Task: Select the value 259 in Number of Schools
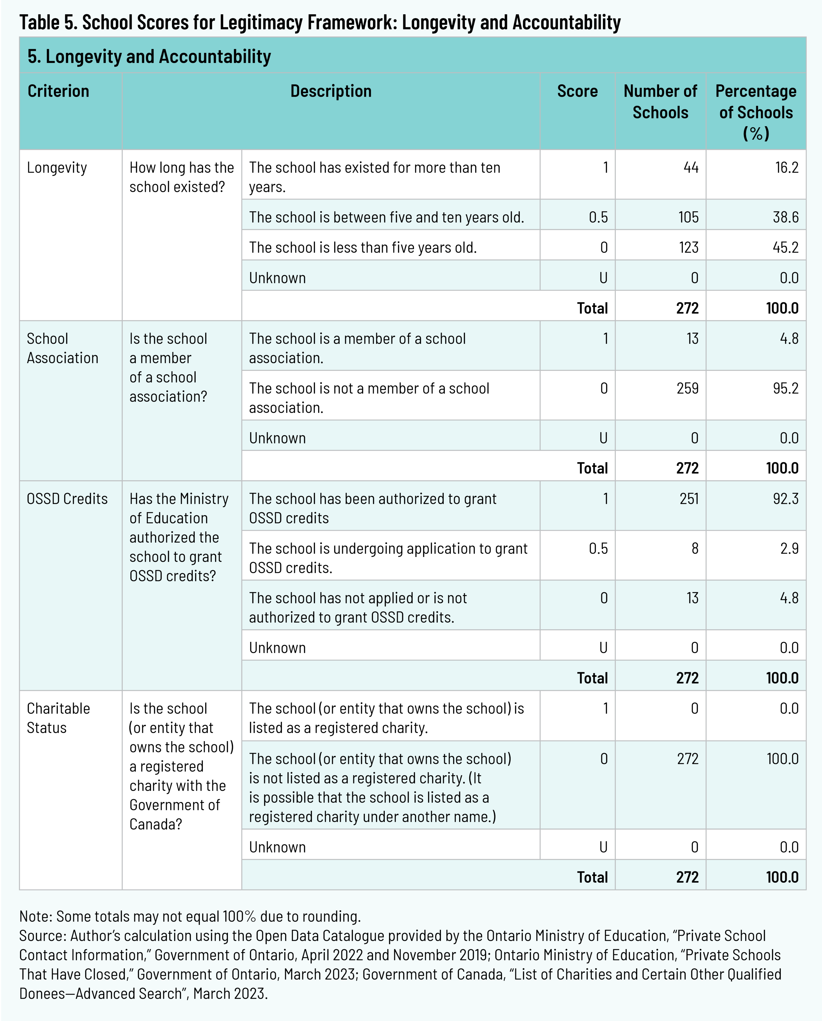pyautogui.click(x=687, y=389)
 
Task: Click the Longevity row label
pyautogui.click(x=57, y=168)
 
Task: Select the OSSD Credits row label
pyautogui.click(x=67, y=499)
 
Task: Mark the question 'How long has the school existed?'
pyautogui.click(x=181, y=177)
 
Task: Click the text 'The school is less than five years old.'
pyautogui.click(x=363, y=247)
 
